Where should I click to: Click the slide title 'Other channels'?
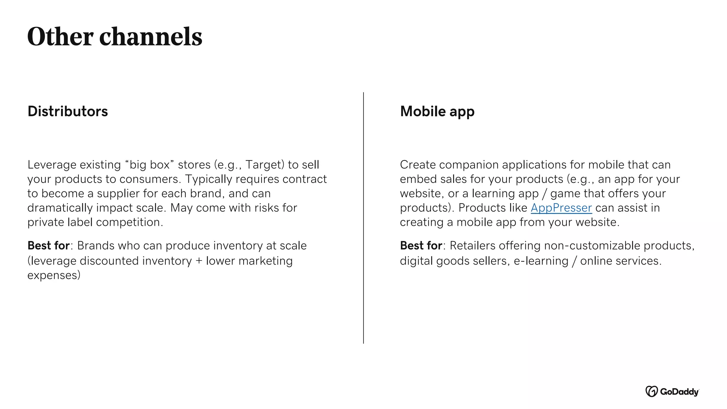[114, 37]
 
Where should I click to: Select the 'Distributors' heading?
[67, 111]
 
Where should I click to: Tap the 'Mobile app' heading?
[437, 111]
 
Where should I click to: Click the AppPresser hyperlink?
[561, 208]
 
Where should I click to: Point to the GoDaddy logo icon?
[651, 391]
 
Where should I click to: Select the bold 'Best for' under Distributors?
[49, 246]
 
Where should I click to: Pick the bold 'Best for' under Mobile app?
[421, 246]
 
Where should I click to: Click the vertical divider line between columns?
[363, 218]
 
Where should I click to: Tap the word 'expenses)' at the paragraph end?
[54, 275]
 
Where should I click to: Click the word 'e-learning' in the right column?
[541, 261]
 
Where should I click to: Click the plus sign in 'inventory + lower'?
[199, 261]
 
